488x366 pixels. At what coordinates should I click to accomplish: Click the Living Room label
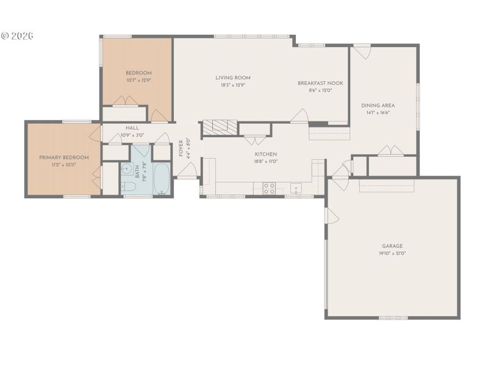233,77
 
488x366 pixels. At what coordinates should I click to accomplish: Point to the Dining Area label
378,105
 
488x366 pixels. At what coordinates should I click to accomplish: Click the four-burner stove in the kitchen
269,188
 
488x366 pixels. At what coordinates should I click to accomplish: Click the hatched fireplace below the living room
219,126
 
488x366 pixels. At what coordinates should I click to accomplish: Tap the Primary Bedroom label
64,157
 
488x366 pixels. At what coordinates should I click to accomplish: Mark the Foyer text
181,148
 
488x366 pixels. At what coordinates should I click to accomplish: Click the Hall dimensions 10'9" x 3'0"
132,135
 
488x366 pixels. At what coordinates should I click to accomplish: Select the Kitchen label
266,154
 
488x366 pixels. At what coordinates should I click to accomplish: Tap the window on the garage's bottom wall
393,318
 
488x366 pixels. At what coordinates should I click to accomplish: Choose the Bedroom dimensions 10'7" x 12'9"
138,80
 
